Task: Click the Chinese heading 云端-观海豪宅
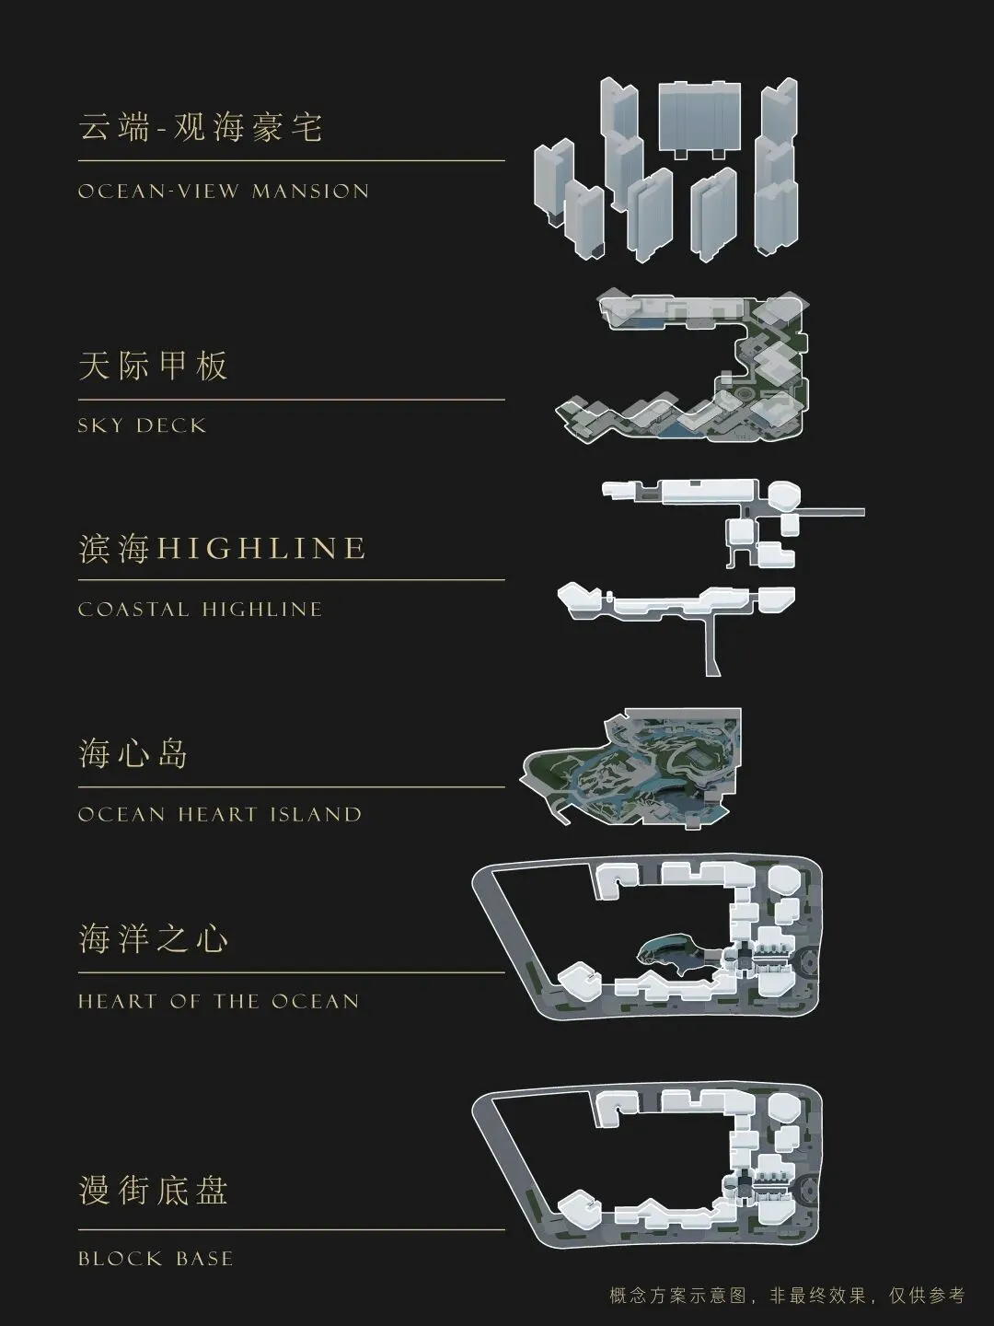(x=201, y=127)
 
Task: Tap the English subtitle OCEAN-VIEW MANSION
(x=224, y=192)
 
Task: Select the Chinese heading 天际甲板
(x=153, y=366)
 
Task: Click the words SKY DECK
(x=142, y=425)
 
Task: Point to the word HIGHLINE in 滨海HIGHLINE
(x=261, y=549)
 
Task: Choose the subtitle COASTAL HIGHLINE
(x=200, y=610)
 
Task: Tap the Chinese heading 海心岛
(x=133, y=754)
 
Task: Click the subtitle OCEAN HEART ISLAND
(x=220, y=815)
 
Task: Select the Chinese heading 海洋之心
(x=153, y=939)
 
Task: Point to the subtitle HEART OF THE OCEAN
(x=218, y=1002)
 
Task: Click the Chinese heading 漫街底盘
(x=153, y=1190)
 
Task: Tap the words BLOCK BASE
(x=156, y=1259)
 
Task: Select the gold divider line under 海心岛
(x=291, y=787)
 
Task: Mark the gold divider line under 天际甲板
(x=291, y=400)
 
